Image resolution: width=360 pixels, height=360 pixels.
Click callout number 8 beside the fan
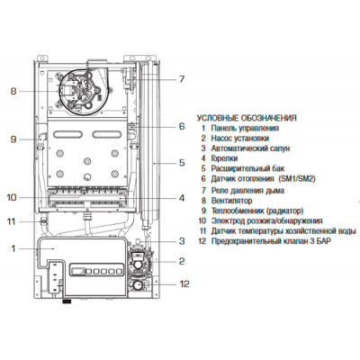(13, 91)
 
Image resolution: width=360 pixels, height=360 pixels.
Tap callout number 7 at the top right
(182, 79)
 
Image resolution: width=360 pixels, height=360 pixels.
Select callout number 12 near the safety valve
(184, 283)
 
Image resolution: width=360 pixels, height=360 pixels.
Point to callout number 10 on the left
(12, 198)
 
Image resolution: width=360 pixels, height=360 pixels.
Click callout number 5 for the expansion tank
(182, 163)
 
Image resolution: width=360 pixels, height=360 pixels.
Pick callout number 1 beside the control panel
(13, 248)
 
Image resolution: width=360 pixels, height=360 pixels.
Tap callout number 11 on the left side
(11, 221)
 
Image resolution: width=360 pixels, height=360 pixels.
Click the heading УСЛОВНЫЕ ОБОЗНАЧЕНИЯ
(247, 118)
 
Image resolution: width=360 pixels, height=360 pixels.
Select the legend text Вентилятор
(231, 201)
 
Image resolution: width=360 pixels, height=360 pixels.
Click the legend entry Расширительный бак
(247, 168)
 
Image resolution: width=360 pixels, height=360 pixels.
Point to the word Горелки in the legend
(224, 158)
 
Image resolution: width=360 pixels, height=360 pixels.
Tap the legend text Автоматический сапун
(250, 148)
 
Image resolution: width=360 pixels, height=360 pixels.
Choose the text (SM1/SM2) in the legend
(297, 179)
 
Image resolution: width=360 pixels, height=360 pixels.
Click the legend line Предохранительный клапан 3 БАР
(271, 241)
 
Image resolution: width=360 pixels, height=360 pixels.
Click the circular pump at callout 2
(139, 265)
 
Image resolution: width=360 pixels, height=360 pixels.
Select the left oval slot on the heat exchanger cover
(67, 134)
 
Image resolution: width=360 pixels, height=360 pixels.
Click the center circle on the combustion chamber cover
(87, 160)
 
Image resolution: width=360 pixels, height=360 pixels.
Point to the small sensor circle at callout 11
(44, 221)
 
